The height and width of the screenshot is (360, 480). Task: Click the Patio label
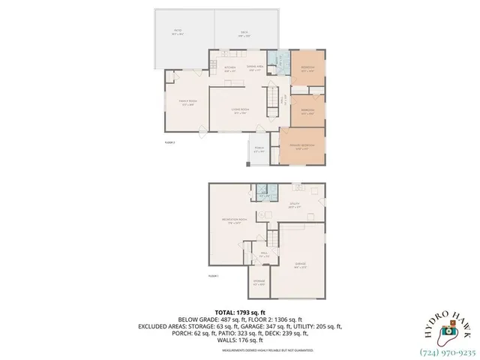(x=177, y=33)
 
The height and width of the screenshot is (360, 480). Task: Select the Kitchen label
(x=230, y=69)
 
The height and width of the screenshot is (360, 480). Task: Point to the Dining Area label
(x=256, y=68)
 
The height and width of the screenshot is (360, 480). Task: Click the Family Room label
(x=187, y=103)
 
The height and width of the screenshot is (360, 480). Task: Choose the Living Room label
(x=240, y=112)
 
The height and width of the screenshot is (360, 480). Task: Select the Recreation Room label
(x=234, y=220)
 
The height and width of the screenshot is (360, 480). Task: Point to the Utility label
(x=295, y=204)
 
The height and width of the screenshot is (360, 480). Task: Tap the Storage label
(x=258, y=284)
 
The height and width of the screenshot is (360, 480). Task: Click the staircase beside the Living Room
(x=271, y=98)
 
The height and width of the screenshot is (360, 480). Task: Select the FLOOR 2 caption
(x=169, y=142)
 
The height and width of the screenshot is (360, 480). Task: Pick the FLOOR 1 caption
(x=213, y=277)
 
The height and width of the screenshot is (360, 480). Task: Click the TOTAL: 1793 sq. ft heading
(x=239, y=310)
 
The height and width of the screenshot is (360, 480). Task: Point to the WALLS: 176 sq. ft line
(x=240, y=341)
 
